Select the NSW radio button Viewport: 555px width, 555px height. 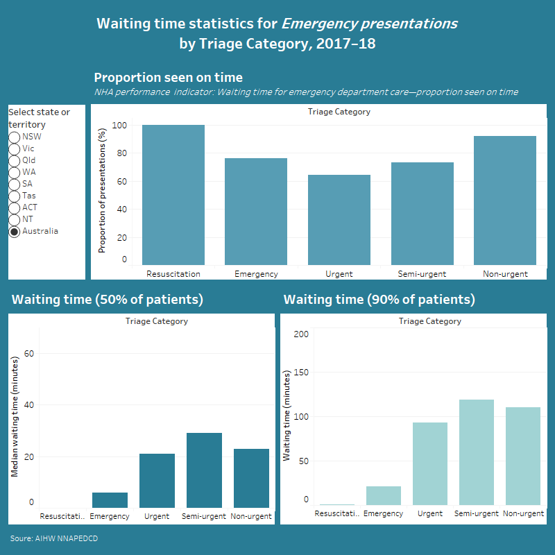pyautogui.click(x=14, y=137)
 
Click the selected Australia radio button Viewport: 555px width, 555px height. pyautogui.click(x=14, y=231)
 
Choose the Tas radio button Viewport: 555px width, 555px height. pyautogui.click(x=14, y=196)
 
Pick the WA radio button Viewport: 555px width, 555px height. pyautogui.click(x=14, y=172)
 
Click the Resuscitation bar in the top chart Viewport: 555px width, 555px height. pyautogui.click(x=173, y=195)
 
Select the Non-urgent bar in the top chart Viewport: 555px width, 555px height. pyautogui.click(x=505, y=200)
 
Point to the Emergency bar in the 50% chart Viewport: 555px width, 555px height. pyautogui.click(x=110, y=500)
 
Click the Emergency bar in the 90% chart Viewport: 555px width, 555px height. pyautogui.click(x=383, y=495)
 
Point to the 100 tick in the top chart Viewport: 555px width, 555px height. pyautogui.click(x=119, y=126)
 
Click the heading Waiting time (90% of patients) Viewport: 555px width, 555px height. pyautogui.click(x=379, y=300)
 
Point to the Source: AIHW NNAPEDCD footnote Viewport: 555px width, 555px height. pyautogui.click(x=49, y=538)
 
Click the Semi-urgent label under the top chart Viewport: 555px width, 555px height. pyautogui.click(x=422, y=274)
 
